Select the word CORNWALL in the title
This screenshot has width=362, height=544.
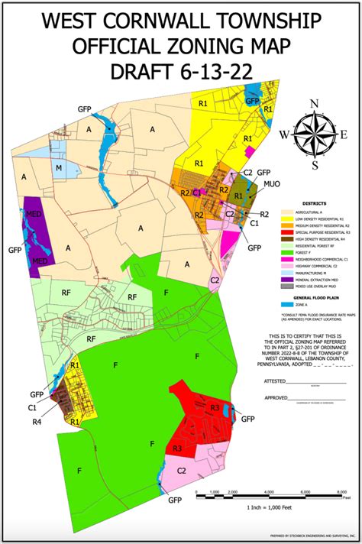[183, 21]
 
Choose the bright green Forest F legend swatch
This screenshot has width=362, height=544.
[287, 253]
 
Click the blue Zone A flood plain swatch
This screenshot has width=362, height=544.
[287, 303]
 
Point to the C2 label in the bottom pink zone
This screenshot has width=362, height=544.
[183, 471]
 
